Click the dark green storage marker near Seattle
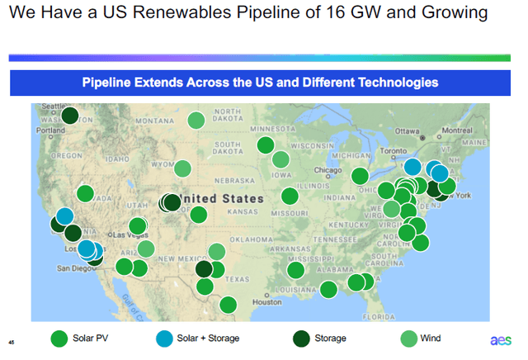tap(70, 116)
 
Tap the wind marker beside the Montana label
tap(196, 121)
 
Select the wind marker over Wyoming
tap(182, 169)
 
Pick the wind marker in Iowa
tap(280, 160)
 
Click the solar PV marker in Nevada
tap(85, 194)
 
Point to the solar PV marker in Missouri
tap(289, 196)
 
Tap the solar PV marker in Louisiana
tap(295, 271)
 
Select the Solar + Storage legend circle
tap(165, 338)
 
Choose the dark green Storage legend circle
tap(302, 338)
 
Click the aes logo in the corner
tap(500, 339)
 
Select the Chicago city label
tap(328, 171)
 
